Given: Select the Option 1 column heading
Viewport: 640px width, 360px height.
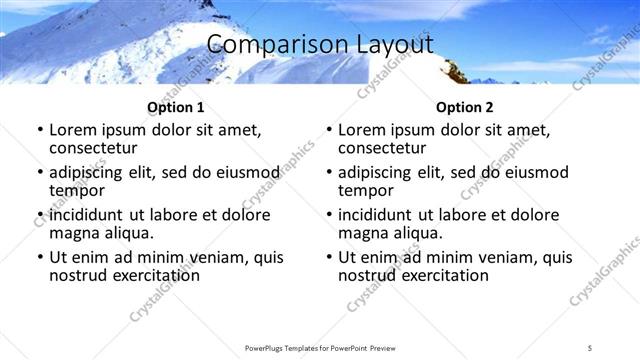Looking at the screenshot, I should tap(175, 107).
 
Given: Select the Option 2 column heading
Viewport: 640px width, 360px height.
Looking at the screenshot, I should tap(463, 107).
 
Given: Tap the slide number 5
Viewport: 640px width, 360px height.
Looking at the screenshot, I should tap(590, 347).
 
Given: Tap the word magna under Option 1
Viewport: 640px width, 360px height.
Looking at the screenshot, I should tap(74, 233).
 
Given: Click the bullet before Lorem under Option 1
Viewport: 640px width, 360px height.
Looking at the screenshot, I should tap(39, 131).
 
